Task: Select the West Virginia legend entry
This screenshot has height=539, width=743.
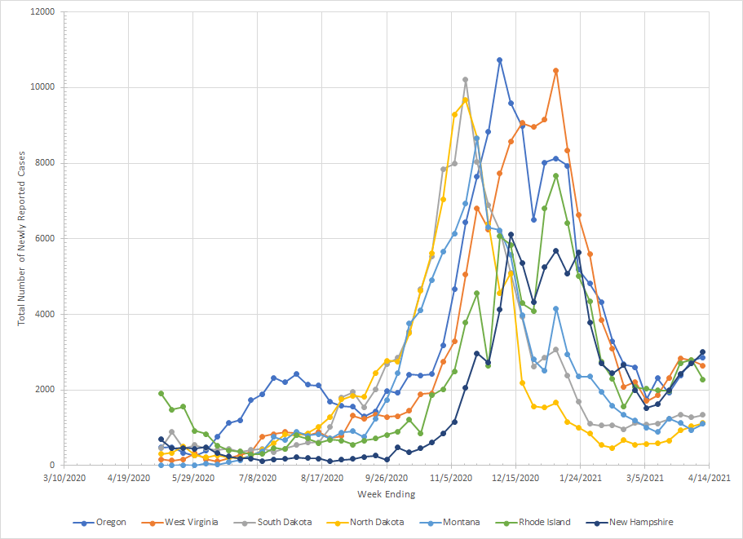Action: pyautogui.click(x=191, y=522)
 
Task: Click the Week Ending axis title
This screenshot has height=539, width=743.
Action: pyautogui.click(x=386, y=494)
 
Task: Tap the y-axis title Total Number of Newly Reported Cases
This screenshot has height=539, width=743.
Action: pyautogui.click(x=22, y=239)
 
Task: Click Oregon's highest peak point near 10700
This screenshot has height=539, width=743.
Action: pyautogui.click(x=499, y=60)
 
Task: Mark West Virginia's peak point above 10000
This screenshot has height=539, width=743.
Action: pyautogui.click(x=555, y=71)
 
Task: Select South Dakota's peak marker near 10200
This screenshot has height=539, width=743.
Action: pyautogui.click(x=465, y=80)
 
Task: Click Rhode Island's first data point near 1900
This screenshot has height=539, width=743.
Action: pyautogui.click(x=161, y=394)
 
